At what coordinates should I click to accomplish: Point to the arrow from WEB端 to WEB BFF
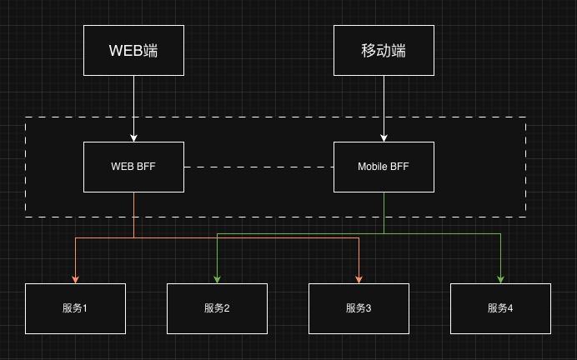133,108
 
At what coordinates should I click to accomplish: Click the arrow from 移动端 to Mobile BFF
384,108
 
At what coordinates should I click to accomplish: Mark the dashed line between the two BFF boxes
258,167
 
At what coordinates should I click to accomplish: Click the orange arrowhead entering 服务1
76,278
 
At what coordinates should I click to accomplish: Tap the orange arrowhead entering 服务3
359,278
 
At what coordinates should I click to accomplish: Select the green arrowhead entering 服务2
218,278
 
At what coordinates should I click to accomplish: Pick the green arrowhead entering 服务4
501,278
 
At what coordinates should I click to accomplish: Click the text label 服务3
359,308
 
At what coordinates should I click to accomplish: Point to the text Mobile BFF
384,167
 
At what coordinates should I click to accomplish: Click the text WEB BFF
133,167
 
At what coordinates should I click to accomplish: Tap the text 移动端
384,50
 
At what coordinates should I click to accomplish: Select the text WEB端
133,50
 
